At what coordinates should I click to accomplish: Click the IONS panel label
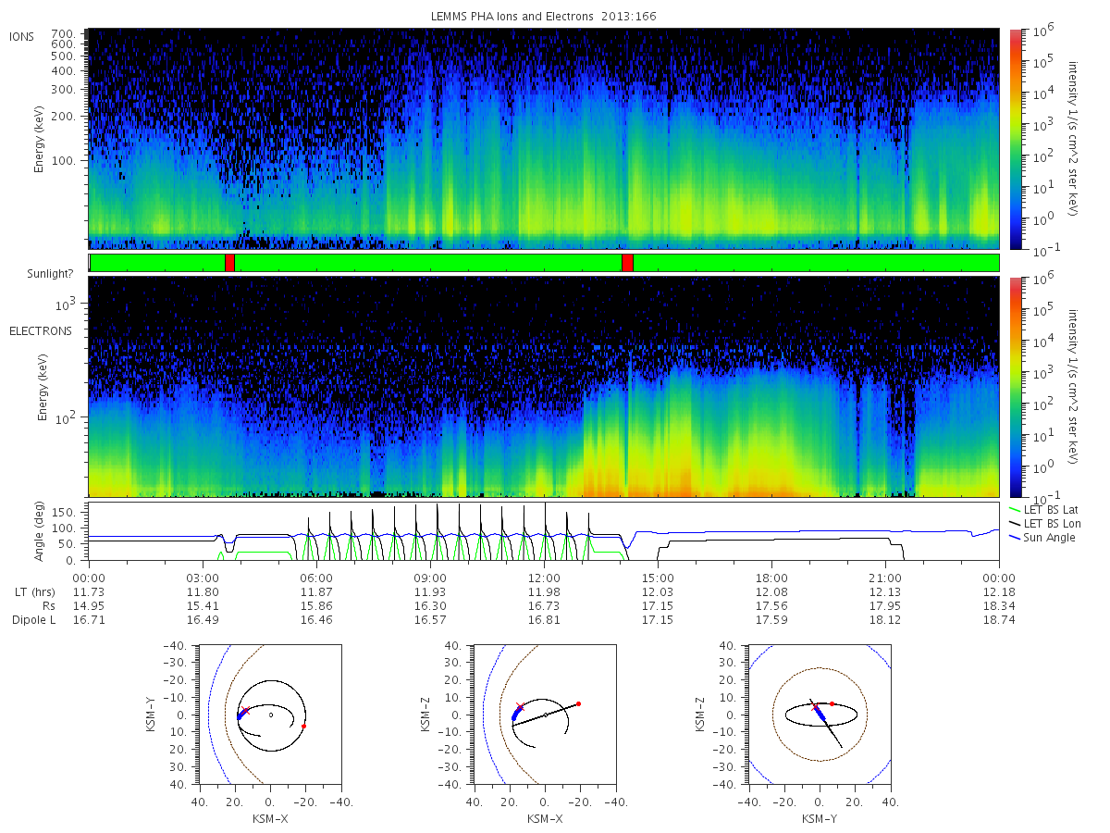tap(22, 36)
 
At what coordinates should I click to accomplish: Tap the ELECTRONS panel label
tap(40, 330)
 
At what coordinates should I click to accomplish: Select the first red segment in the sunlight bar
tap(229, 263)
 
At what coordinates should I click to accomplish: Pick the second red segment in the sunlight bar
tap(627, 263)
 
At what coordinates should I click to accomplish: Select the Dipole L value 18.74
tap(999, 619)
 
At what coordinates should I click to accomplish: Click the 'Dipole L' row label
tap(33, 619)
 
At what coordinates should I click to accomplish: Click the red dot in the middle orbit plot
tap(578, 703)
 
